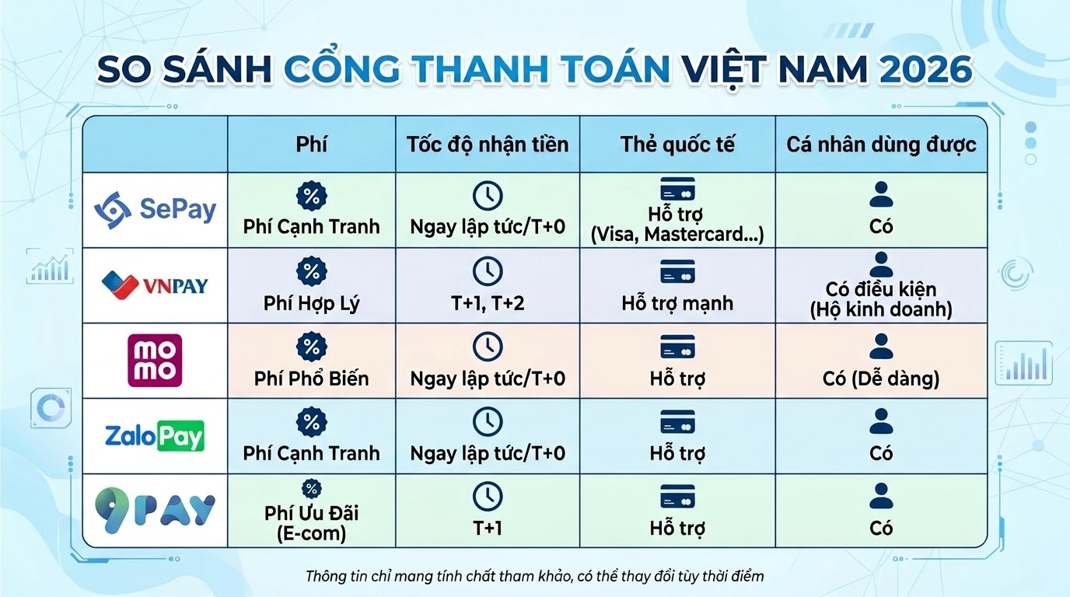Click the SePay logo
[155, 208]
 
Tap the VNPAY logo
[155, 285]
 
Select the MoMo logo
[155, 360]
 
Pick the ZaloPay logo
[155, 435]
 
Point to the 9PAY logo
[155, 511]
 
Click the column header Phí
[311, 145]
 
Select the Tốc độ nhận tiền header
[488, 145]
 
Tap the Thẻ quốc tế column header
[677, 145]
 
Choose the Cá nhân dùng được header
[881, 145]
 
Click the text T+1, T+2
[488, 302]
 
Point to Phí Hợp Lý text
[311, 302]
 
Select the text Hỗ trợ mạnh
[677, 302]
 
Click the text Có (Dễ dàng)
[881, 379]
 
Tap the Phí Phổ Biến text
[311, 379]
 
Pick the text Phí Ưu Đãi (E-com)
[311, 523]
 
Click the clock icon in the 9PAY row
[488, 497]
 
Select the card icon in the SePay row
[677, 190]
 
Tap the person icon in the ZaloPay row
[881, 421]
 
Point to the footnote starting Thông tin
[534, 576]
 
